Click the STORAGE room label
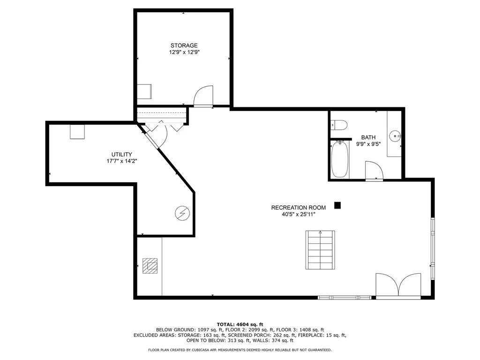coord(184,45)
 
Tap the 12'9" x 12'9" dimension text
coord(184,52)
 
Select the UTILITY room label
coord(121,154)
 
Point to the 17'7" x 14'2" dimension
coord(121,161)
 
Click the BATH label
coord(368,137)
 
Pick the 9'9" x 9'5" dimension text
coord(368,144)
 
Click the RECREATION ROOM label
coord(295,207)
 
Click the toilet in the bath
coord(339,125)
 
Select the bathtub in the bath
coord(340,160)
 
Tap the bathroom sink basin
coord(397,136)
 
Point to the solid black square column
coord(337,205)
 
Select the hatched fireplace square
coord(150,266)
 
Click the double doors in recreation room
coord(398,286)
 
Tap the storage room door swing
coord(203,96)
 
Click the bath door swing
coord(374,171)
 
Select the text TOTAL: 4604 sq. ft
coord(240,324)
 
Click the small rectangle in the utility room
coord(77,132)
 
